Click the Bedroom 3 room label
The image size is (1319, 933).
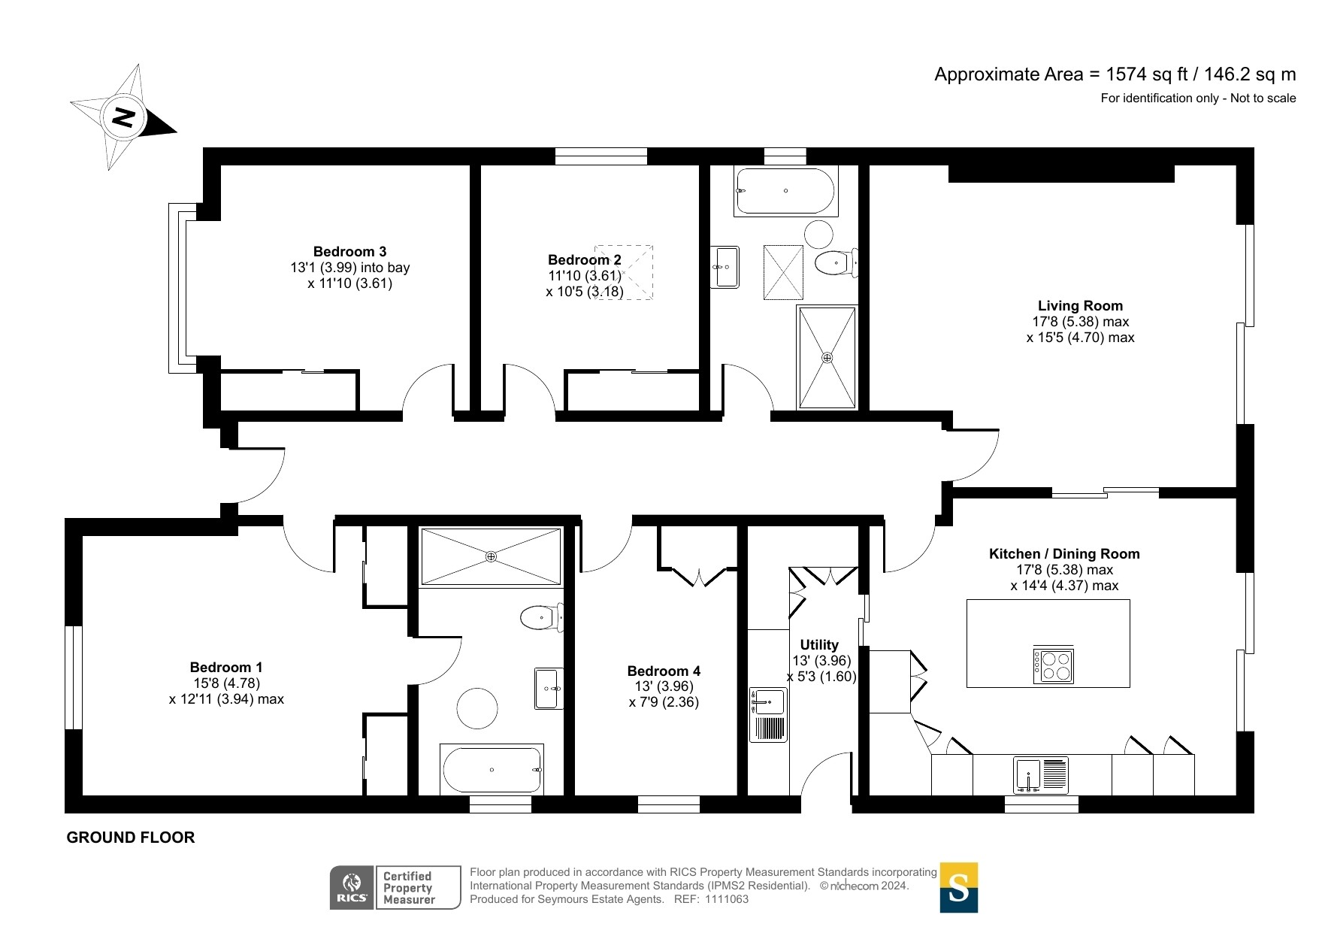(349, 251)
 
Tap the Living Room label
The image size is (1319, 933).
(1080, 305)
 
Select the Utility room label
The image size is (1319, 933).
(819, 644)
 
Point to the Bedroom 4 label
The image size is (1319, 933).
(664, 671)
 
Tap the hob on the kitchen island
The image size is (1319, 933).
(1054, 665)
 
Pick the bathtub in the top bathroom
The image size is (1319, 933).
(785, 191)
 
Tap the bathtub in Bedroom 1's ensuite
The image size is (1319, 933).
(492, 769)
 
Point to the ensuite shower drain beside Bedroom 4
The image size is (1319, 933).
(491, 556)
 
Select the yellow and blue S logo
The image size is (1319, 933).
(959, 888)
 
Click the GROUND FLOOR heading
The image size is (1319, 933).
(131, 838)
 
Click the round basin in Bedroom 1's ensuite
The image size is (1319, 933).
(477, 708)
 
